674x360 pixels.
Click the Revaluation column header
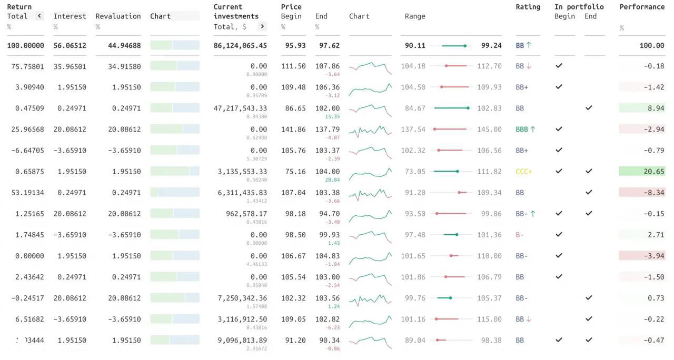[x=118, y=16]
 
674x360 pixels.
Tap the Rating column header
[x=528, y=7]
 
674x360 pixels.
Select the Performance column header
[x=642, y=7]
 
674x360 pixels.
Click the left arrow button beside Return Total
[x=39, y=16]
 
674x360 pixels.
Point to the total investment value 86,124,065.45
[x=240, y=46]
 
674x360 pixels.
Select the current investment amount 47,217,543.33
[x=240, y=108]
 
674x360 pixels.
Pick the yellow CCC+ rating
[x=524, y=172]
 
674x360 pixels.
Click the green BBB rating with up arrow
[x=525, y=129]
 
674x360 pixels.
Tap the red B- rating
[x=520, y=235]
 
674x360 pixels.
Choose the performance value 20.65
[x=654, y=172]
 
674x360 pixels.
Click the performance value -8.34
[x=654, y=193]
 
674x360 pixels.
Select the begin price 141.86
[x=293, y=129]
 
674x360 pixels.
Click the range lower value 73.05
[x=415, y=172]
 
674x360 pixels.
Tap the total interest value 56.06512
[x=70, y=46]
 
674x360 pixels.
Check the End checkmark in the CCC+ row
[x=589, y=171]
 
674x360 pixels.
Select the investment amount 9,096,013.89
[x=242, y=340]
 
